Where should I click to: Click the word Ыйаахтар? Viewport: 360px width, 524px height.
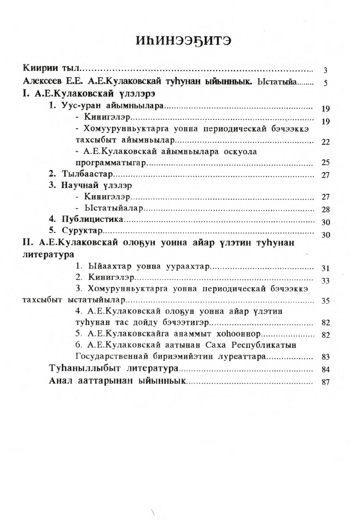[108, 267]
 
